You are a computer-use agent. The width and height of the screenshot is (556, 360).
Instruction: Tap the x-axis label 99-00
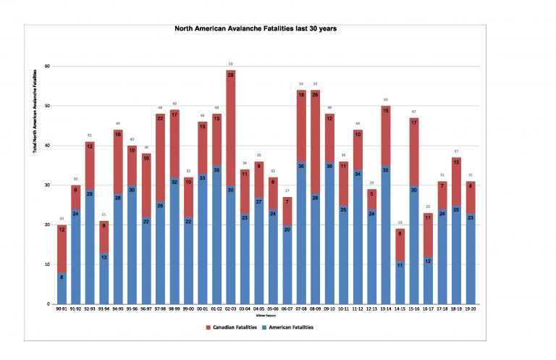(x=188, y=310)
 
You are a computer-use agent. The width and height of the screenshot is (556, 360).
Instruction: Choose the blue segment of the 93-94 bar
(x=105, y=279)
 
